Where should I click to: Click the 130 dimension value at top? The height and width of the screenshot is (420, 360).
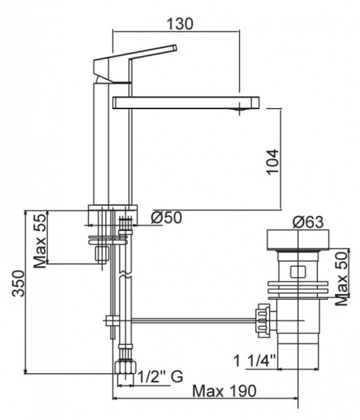coord(180,22)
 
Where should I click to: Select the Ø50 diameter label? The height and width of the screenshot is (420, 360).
coord(167,218)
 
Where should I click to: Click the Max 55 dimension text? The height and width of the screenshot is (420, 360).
coord(41,240)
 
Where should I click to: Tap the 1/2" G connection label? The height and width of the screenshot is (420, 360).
coord(160,377)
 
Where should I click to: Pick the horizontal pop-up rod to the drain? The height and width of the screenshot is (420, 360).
coord(189,321)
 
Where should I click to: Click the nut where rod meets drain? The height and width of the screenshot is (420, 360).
coord(263,319)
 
